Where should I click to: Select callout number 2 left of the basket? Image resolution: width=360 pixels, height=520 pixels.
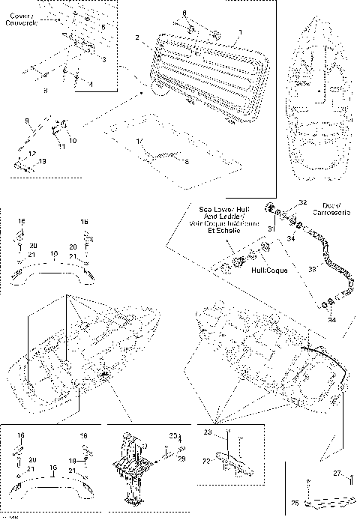(137, 37)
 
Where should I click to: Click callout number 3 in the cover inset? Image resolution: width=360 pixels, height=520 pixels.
(103, 58)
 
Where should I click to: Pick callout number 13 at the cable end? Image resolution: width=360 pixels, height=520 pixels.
(42, 161)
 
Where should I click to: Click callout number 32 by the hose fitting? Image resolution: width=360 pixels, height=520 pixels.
(303, 202)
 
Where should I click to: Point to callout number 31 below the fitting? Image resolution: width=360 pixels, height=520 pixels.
(272, 228)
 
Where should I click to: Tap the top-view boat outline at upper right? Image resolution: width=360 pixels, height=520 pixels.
(318, 105)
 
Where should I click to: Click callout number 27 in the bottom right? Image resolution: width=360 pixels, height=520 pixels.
(337, 473)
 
